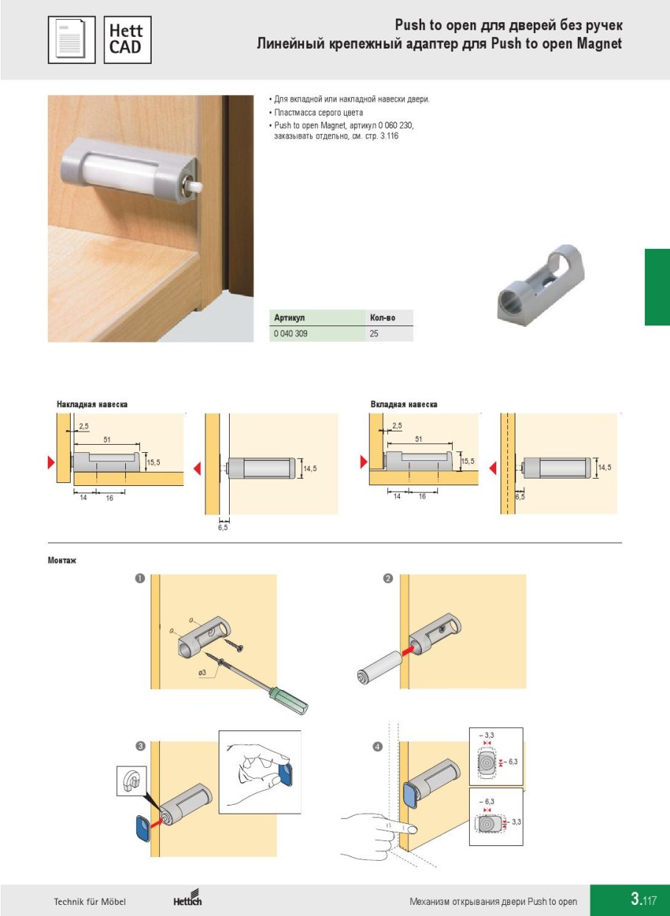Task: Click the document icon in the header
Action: click(71, 40)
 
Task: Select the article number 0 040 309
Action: click(290, 334)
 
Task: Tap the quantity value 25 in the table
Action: click(374, 334)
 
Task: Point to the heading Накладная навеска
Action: click(93, 404)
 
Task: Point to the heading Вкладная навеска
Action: click(403, 404)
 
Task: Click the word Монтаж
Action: click(63, 560)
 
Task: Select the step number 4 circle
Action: click(378, 747)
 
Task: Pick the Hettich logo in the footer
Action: click(187, 900)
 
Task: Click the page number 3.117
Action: click(643, 900)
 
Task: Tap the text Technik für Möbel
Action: click(90, 902)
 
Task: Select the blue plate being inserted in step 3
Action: click(141, 828)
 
